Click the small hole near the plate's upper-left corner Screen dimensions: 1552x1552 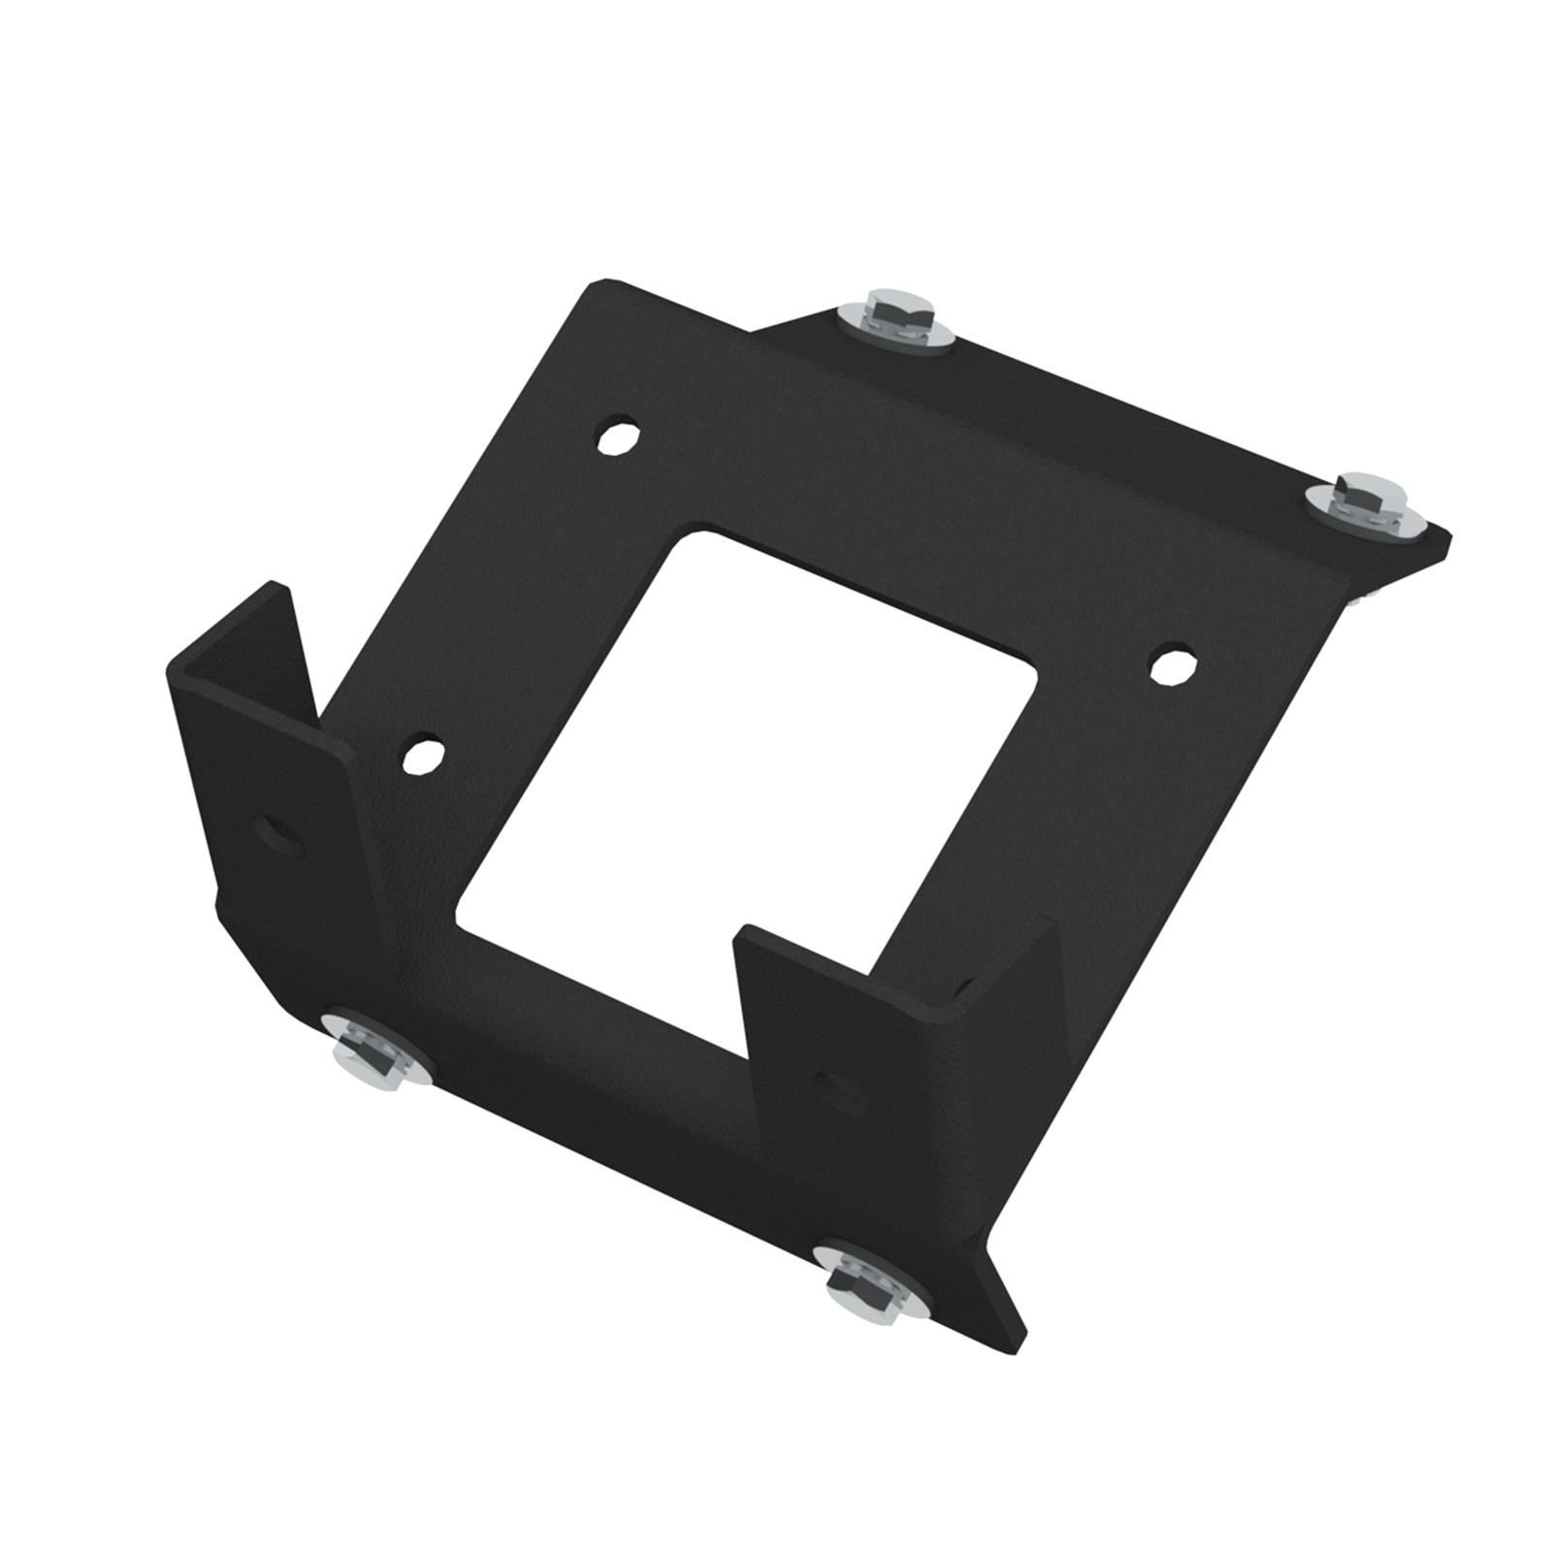(617, 436)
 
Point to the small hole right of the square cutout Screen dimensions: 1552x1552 (1173, 666)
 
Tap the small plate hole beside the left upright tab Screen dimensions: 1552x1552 (424, 755)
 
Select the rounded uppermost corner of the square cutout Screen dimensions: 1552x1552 (696, 531)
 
